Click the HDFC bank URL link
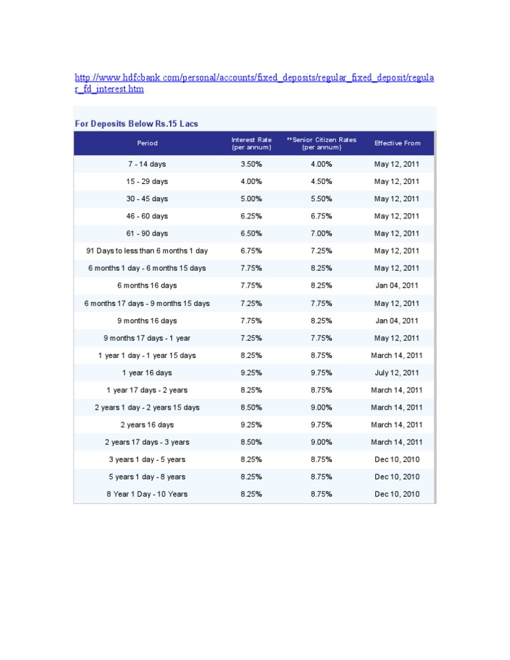[254, 79]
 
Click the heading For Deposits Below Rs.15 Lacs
[136, 124]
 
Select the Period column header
[147, 143]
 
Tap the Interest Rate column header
[251, 143]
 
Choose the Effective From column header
[397, 143]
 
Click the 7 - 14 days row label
[147, 164]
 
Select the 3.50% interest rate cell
[251, 164]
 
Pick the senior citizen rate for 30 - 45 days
[321, 199]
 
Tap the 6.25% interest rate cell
[251, 216]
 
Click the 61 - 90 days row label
[147, 234]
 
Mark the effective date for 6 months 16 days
[397, 286]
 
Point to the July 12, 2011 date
[397, 372]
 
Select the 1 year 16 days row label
[147, 372]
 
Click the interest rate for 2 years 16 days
[251, 425]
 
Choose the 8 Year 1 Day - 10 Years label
[147, 494]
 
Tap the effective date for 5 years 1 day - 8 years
[397, 477]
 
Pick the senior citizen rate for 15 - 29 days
[321, 181]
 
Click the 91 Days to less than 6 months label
[147, 251]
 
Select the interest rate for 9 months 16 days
[251, 321]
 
